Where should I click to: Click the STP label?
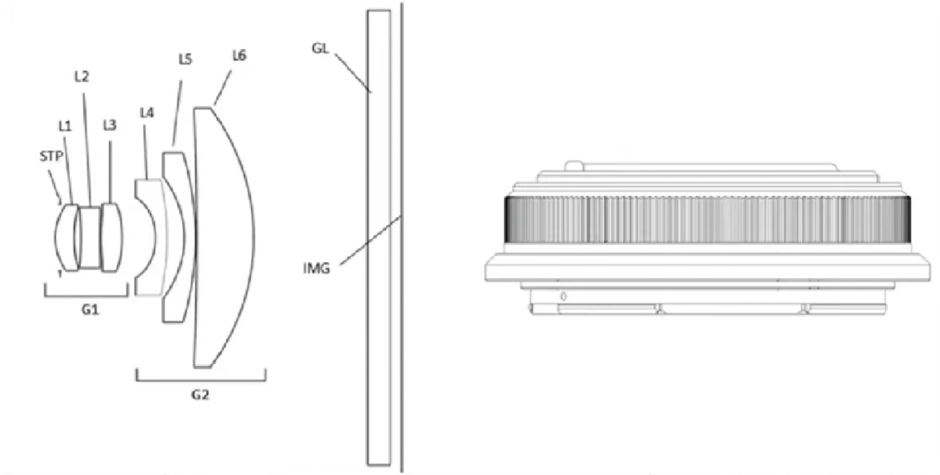pos(51,157)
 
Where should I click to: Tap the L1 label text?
pos(65,126)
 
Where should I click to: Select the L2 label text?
pos(82,76)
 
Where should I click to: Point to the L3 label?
pos(110,125)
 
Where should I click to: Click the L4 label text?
pos(147,113)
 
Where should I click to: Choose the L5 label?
pos(185,60)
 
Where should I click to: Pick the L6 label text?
pos(239,55)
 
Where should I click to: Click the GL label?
pos(320,48)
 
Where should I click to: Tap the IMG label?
pos(316,268)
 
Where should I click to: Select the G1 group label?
pos(90,310)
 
